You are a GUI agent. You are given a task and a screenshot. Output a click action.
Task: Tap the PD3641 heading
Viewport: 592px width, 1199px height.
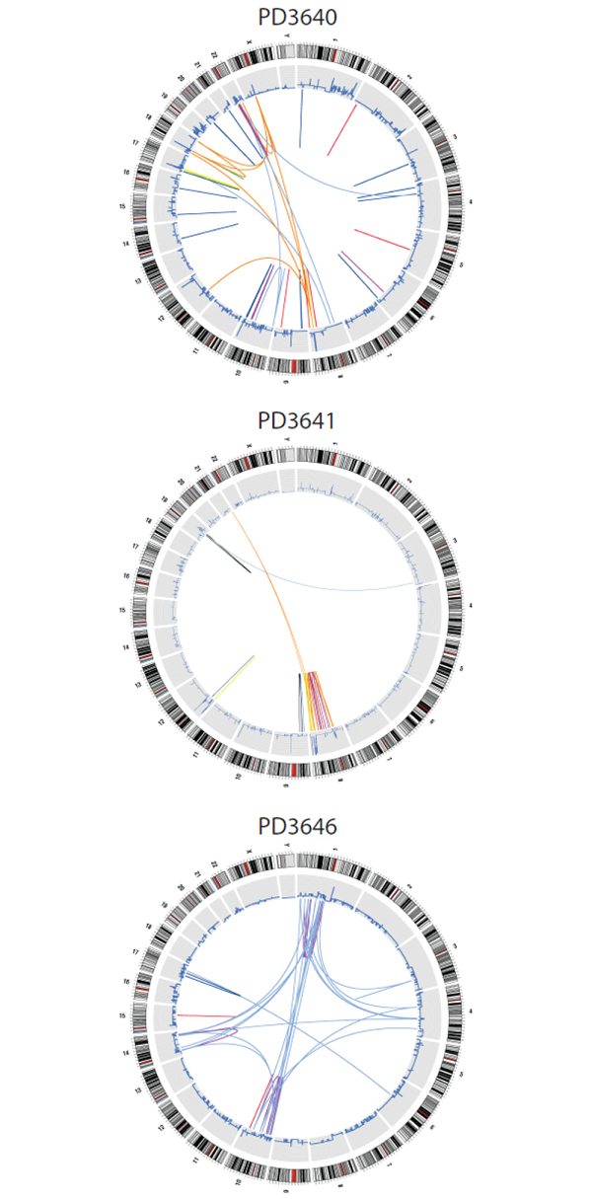pos(296,421)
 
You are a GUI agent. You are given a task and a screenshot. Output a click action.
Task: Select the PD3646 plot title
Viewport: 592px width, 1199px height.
pos(296,824)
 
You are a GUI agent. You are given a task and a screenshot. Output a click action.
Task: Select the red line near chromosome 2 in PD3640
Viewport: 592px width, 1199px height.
pos(341,130)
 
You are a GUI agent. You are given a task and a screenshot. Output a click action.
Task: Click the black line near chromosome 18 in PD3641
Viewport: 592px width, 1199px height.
pos(229,555)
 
